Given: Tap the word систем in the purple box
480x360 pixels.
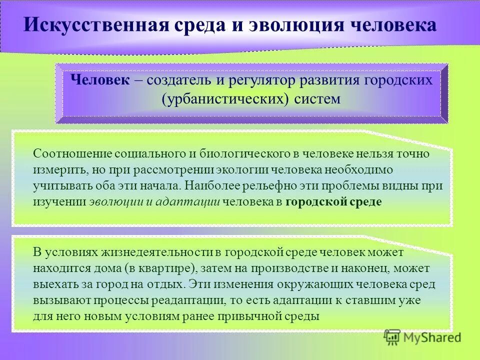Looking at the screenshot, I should tap(316, 98).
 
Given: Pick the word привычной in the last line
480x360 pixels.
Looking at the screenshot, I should tap(257, 316).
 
